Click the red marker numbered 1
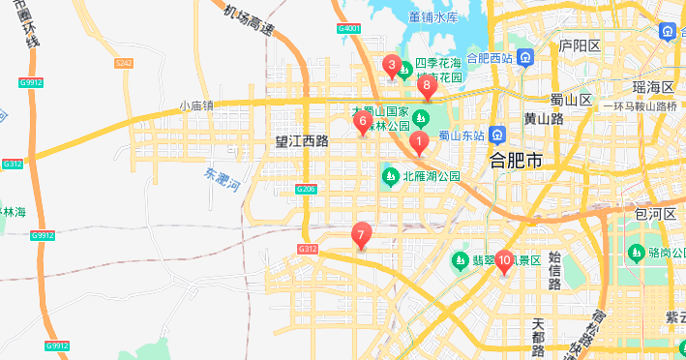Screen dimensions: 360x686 419,143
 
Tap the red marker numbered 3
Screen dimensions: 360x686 391,66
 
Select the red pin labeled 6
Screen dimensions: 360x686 363,122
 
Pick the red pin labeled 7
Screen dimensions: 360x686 361,234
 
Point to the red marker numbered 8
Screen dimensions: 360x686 427,86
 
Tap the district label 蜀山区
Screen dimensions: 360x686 570,100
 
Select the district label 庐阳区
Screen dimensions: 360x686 581,45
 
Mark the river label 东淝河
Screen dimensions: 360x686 222,181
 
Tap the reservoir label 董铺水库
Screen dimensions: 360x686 432,17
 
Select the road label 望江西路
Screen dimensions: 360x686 302,141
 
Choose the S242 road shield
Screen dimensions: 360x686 123,63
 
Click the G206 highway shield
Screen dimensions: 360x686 306,189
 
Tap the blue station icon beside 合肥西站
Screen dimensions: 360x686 523,57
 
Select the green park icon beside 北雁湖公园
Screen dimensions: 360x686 390,176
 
